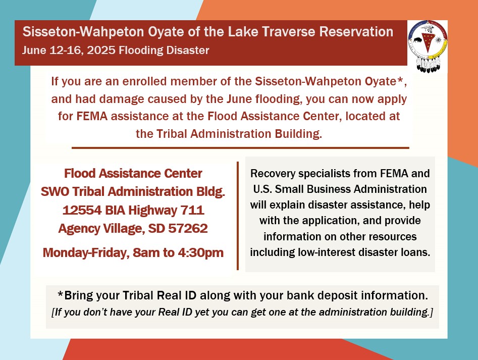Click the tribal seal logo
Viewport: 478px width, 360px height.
click(x=428, y=46)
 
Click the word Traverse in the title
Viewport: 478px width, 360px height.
click(x=288, y=32)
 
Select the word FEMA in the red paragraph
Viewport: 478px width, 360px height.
click(x=92, y=116)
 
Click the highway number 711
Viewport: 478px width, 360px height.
click(x=192, y=210)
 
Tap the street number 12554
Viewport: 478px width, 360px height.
click(x=82, y=210)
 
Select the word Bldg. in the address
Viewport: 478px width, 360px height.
click(x=210, y=191)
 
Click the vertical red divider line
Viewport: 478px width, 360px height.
click(x=238, y=216)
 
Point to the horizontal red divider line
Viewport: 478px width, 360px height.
click(x=240, y=148)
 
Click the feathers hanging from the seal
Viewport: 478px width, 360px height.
click(x=428, y=65)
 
